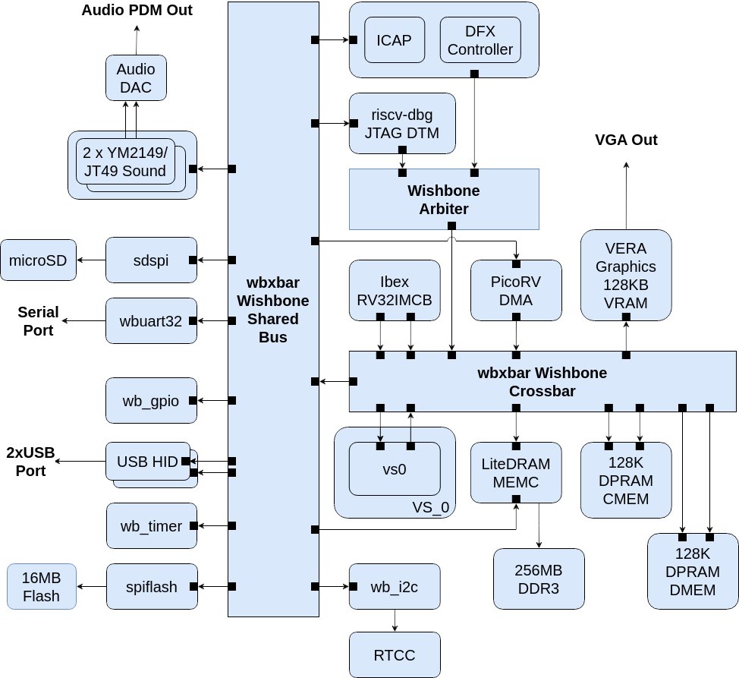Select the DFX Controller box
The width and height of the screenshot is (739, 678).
coord(480,39)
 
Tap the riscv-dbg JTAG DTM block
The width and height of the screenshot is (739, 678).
coord(401,123)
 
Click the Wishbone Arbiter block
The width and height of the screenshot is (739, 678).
coord(443,199)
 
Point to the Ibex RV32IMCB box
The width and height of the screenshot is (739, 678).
coord(394,289)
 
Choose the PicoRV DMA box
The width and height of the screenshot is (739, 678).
coord(516,289)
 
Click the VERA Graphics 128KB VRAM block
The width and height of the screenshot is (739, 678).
coord(625,274)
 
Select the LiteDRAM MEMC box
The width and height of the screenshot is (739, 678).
coord(516,471)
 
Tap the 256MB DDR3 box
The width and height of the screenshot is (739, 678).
coord(539,579)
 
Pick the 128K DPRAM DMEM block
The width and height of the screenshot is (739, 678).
coord(693,571)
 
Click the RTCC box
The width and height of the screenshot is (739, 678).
coord(394,654)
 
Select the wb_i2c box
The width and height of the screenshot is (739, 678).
coord(394,586)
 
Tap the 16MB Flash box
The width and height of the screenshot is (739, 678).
coord(42,586)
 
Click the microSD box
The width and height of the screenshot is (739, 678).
coord(38,260)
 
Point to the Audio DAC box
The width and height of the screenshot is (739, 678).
coord(136,77)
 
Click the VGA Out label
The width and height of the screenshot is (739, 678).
coord(626,140)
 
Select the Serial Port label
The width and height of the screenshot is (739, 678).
coord(38,320)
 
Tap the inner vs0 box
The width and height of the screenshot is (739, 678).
coord(394,468)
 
